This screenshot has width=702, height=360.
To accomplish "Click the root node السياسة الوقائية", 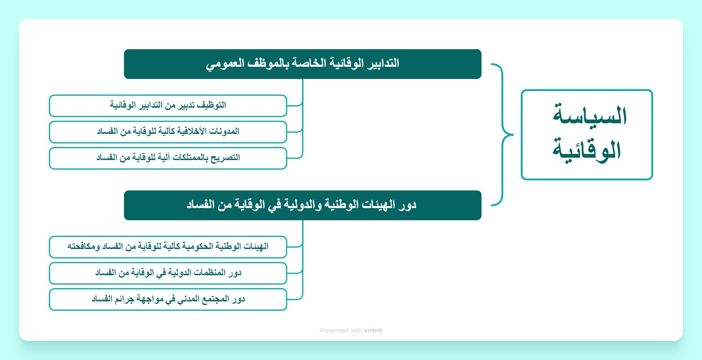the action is [x=587, y=135].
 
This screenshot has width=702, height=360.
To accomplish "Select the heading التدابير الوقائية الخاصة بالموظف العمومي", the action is [x=302, y=64].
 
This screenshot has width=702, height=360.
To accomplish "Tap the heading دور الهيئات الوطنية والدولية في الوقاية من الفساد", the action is [x=302, y=205].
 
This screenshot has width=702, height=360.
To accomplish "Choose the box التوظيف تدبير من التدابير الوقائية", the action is [x=168, y=106].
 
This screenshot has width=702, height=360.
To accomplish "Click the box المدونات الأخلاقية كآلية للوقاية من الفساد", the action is [x=168, y=132].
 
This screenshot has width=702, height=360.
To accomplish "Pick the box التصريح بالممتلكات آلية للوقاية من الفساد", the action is [x=168, y=158].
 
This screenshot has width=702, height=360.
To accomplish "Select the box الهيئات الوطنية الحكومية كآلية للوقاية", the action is [x=168, y=247].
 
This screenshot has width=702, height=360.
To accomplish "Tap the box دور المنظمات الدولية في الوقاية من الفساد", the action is [x=168, y=273].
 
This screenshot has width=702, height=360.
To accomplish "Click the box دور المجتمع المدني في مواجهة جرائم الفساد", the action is [x=168, y=299].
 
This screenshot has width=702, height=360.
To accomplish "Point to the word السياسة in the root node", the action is [x=590, y=115].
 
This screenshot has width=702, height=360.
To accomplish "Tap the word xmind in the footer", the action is [x=373, y=330].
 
